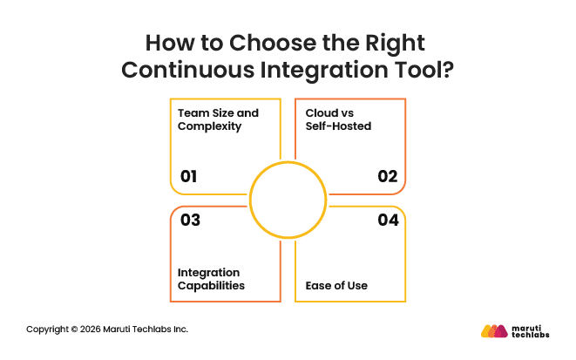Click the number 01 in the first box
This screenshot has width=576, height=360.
pos(189,177)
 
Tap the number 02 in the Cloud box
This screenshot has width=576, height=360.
pos(388,177)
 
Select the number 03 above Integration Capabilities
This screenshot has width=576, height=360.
pos(190,221)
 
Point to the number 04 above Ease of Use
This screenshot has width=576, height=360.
pos(388,221)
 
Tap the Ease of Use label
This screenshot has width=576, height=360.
pos(336,285)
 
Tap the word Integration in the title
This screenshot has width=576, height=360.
pos(322,70)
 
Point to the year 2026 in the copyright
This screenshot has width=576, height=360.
pos(89,329)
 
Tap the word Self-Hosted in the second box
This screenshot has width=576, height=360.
pos(340,126)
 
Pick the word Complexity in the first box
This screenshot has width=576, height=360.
pos(209,126)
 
